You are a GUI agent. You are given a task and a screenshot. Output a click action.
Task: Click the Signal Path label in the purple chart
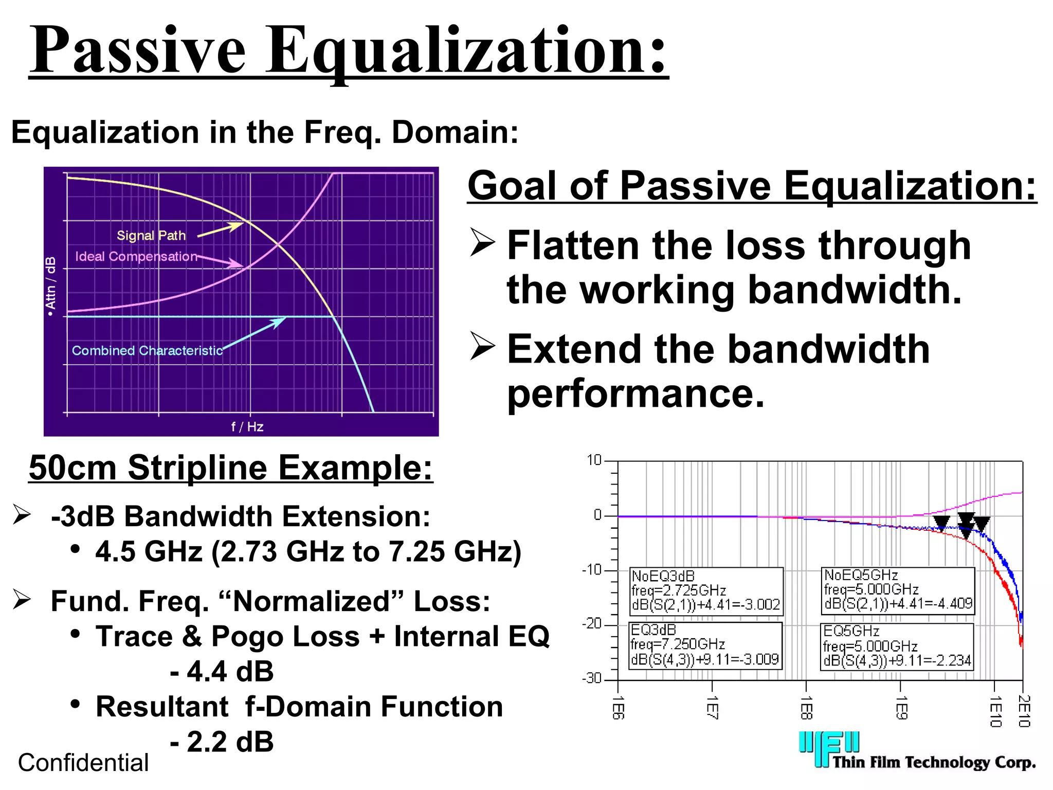151,236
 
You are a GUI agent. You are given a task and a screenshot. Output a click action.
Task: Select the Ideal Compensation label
136,256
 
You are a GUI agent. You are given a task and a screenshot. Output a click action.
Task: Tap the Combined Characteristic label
147,351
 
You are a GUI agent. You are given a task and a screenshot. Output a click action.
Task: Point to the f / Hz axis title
247,426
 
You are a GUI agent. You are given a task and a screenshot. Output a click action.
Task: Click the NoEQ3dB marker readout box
706,591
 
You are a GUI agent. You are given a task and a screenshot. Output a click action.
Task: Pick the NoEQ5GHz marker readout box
898,590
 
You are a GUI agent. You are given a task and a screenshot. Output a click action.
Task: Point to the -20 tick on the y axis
592,624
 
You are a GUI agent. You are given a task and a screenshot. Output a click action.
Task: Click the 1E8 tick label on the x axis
806,708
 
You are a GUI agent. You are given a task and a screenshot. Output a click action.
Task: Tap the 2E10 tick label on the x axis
1024,711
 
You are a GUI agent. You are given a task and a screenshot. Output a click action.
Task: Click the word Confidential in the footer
83,763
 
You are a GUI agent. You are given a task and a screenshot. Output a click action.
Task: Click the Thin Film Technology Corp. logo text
934,762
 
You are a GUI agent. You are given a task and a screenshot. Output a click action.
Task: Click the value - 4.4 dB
222,671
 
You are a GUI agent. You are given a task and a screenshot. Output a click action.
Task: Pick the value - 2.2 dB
222,742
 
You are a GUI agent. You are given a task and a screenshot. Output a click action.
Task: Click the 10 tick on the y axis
594,460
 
